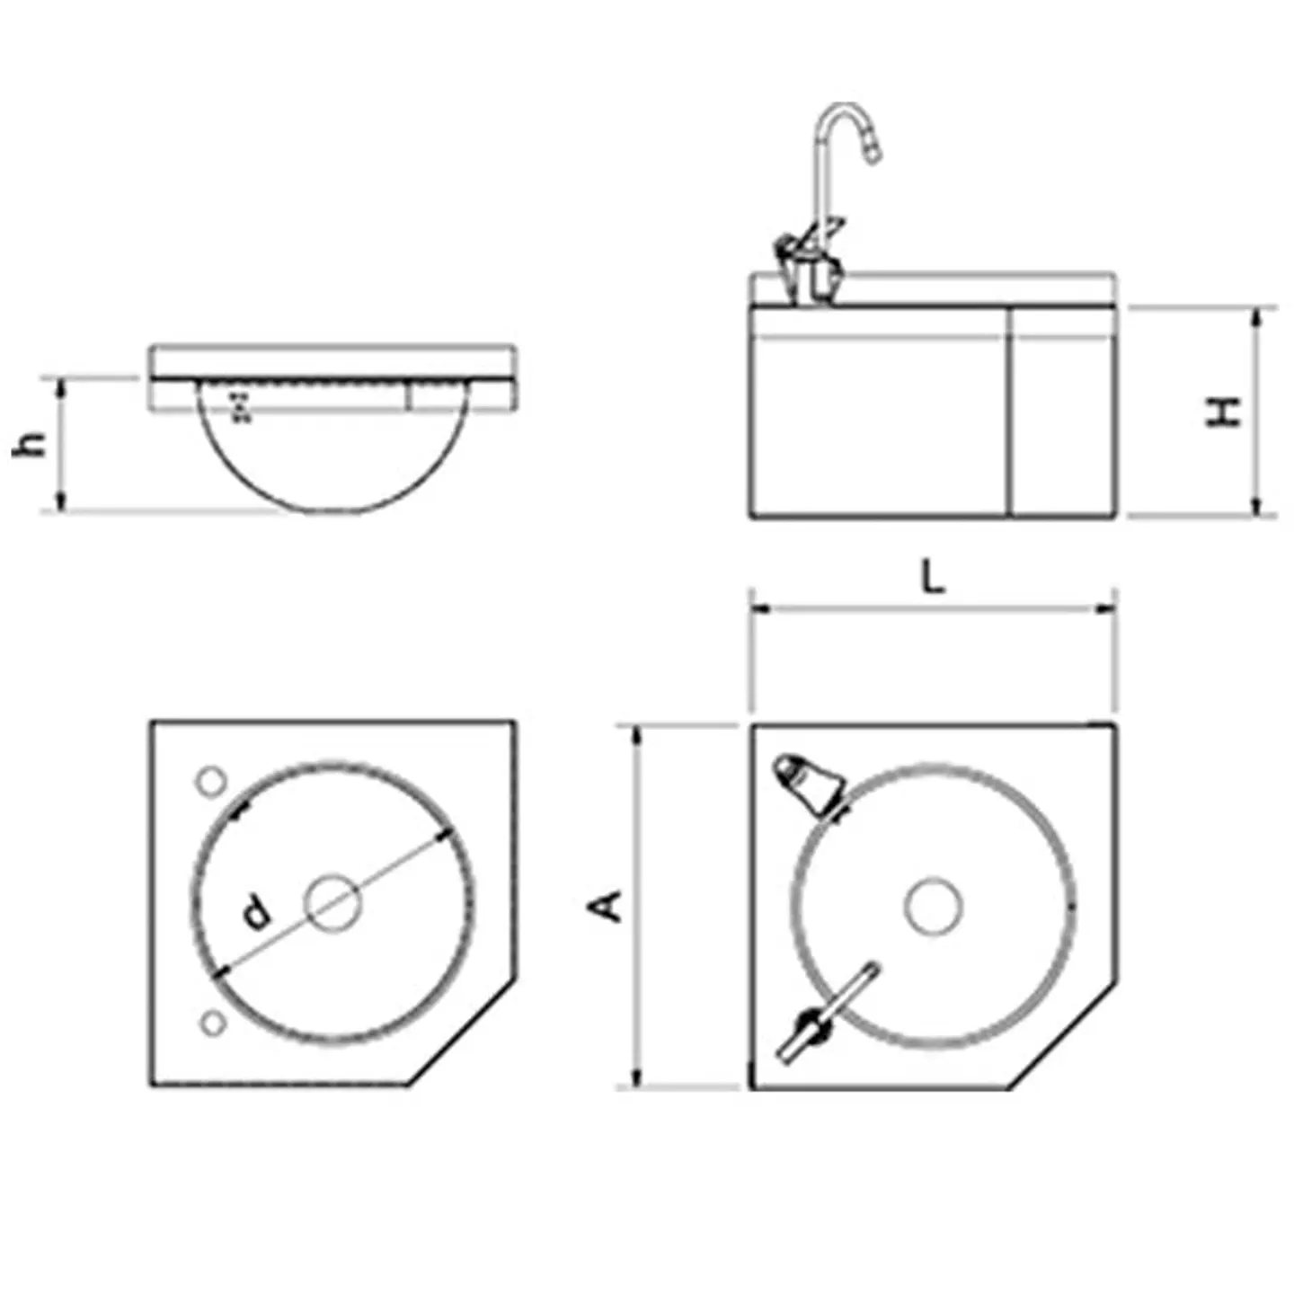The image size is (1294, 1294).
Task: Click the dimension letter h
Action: pos(31,444)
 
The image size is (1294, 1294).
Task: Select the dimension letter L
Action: pos(933,578)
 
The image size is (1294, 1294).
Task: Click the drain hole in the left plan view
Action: pos(333,903)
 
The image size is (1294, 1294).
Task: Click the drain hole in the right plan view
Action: pos(934,906)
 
